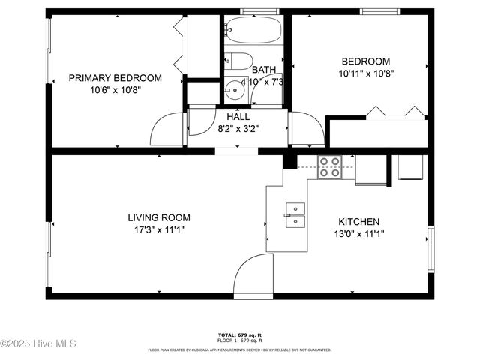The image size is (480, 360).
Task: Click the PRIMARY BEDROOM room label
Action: (x=115, y=77)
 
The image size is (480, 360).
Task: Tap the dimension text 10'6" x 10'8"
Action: (x=115, y=89)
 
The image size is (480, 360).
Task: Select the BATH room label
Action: (x=263, y=70)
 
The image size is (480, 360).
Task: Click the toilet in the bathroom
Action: (x=236, y=61)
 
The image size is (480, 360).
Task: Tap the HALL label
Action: (x=238, y=117)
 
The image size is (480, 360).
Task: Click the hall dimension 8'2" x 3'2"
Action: (x=238, y=128)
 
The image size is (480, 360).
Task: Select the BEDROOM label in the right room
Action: (x=365, y=61)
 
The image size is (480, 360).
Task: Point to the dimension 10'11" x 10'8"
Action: (x=365, y=73)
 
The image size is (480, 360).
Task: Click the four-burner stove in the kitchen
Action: (x=328, y=166)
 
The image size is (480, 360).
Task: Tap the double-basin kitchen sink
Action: (x=295, y=214)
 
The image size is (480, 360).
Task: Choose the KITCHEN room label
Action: (x=358, y=222)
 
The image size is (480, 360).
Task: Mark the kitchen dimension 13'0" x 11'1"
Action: (x=358, y=234)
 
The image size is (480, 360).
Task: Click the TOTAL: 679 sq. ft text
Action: (x=239, y=334)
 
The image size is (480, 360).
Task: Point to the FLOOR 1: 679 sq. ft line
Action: (x=239, y=340)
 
